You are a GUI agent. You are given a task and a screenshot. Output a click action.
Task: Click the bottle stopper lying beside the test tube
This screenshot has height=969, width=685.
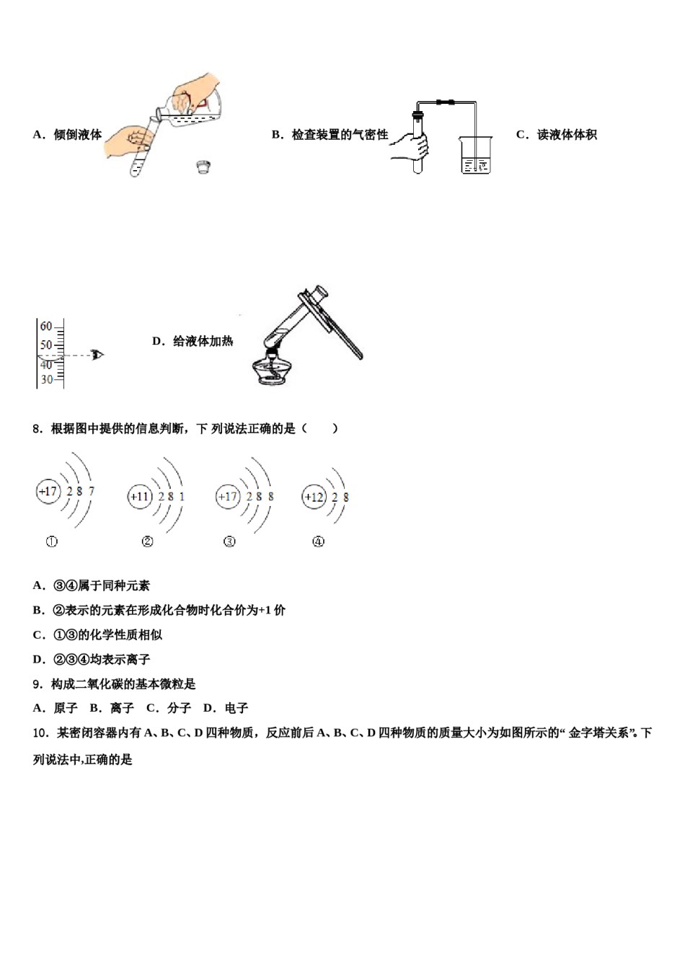203,167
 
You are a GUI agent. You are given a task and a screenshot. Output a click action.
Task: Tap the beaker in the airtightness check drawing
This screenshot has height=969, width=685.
475,155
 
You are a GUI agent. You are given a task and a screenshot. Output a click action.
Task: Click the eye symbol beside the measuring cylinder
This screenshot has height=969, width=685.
97,354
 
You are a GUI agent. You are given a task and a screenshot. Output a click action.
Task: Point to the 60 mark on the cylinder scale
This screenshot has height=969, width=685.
46,327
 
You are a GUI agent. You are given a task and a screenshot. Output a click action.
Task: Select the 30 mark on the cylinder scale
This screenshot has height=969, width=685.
47,379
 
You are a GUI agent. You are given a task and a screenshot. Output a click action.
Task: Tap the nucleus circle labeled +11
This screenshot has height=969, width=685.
140,497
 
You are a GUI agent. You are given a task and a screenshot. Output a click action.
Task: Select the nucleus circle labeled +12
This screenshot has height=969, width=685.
314,497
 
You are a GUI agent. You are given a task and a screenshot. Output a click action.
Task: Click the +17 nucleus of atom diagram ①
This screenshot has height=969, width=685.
48,492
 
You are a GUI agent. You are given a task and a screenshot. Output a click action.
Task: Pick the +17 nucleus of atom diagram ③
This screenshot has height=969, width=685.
228,497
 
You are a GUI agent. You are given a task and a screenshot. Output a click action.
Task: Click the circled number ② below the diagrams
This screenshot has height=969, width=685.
147,541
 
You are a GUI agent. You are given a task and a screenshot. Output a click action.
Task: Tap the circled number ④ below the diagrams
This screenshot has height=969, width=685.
318,541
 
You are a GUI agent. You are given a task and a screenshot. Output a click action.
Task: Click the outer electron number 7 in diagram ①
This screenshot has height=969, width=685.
92,492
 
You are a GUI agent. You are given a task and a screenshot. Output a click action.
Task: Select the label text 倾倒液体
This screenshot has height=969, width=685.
77,135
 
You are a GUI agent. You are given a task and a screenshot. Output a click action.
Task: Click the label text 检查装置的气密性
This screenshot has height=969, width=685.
340,135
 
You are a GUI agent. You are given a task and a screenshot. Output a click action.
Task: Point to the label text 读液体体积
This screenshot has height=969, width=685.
567,135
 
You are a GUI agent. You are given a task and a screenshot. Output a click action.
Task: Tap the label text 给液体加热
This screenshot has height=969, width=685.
203,341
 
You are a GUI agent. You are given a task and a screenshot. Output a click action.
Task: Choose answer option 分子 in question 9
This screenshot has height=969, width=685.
180,708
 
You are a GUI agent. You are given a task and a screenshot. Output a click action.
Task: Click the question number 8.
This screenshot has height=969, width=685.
37,429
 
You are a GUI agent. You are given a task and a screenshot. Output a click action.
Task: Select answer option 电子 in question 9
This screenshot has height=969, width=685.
237,708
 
